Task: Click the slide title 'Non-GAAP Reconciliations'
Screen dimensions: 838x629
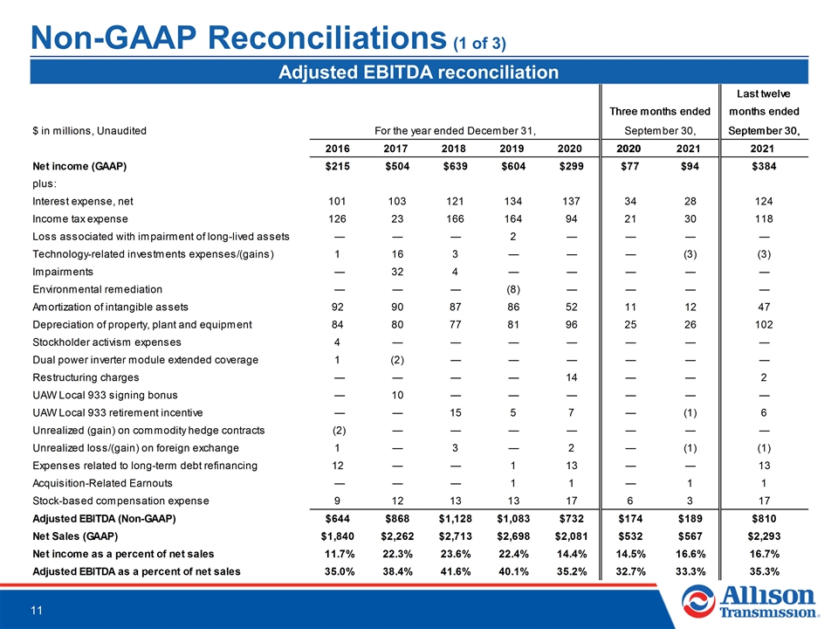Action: (238, 38)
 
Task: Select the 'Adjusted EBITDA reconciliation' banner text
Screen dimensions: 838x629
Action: (418, 73)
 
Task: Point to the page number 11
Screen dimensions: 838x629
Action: (37, 611)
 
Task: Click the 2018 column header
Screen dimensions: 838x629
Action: (453, 149)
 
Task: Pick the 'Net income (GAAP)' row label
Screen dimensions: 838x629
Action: (79, 166)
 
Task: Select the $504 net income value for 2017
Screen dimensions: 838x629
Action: (397, 166)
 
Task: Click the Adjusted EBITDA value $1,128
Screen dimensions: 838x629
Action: (456, 519)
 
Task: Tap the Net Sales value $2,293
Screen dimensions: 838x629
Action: (764, 536)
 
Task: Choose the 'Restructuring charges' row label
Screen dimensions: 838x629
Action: (86, 377)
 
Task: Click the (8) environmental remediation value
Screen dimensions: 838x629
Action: (513, 289)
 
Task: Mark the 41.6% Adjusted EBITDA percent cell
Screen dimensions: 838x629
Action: (456, 571)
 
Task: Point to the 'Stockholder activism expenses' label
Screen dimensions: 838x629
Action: (106, 342)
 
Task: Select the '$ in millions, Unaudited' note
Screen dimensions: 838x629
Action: (89, 131)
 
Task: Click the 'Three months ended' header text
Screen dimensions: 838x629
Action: (660, 111)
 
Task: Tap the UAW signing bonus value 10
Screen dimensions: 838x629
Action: (397, 395)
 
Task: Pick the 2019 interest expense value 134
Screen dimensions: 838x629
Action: (513, 202)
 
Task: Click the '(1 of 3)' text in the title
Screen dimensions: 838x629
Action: (479, 44)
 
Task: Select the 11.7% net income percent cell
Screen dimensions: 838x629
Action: (339, 554)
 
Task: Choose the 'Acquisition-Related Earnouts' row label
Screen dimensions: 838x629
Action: (103, 483)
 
